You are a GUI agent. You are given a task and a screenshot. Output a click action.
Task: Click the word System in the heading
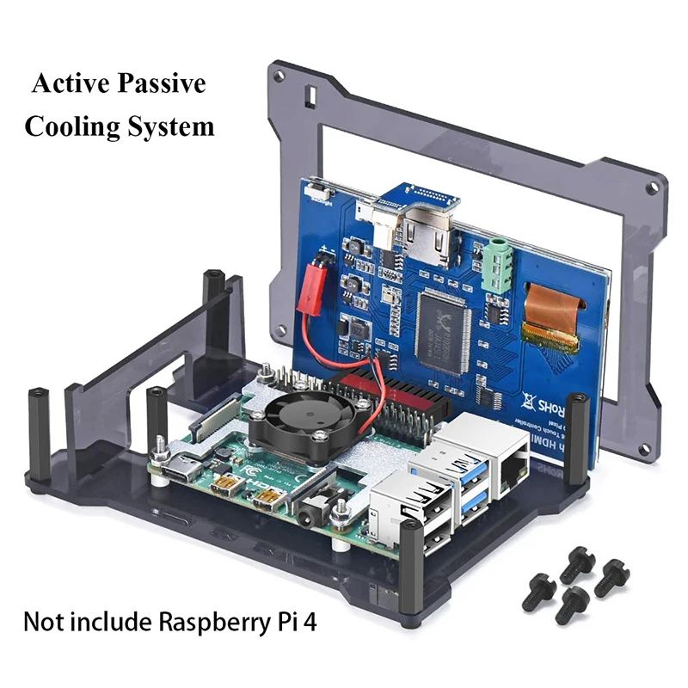pos(169,127)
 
